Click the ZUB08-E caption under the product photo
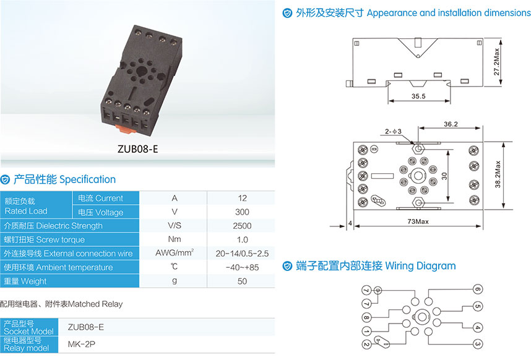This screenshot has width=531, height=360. (139, 149)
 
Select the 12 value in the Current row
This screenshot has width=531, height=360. (242, 199)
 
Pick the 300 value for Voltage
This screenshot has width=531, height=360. (242, 212)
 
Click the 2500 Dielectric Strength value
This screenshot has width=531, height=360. (242, 226)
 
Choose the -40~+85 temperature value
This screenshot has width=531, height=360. (242, 267)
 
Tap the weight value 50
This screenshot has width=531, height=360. (242, 281)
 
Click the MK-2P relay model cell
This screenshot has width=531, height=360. (82, 344)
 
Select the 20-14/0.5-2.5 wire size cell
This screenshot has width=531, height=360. (242, 254)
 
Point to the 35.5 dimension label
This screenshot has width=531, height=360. (418, 96)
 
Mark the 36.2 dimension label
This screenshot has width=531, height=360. (450, 124)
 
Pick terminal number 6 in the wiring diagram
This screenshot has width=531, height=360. (477, 289)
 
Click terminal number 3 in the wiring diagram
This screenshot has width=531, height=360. (477, 344)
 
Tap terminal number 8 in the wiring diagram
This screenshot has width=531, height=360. (366, 318)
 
